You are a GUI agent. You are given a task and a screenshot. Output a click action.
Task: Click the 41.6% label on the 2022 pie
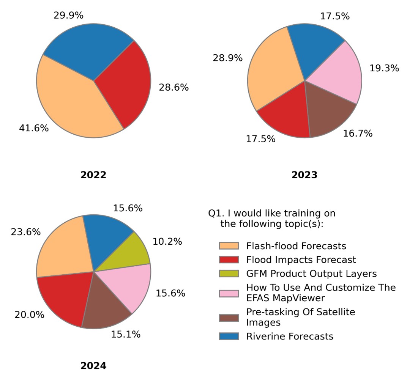(34, 128)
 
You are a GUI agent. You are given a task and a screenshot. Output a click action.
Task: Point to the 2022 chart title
(93, 175)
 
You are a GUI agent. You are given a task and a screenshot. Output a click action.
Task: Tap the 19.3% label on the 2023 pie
(384, 68)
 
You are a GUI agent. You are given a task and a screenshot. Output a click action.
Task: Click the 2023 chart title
(304, 175)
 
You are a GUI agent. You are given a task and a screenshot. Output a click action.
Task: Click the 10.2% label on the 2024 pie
(167, 241)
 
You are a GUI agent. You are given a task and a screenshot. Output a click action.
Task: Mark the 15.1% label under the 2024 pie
(126, 334)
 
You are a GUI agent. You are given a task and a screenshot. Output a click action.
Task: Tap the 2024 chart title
(93, 366)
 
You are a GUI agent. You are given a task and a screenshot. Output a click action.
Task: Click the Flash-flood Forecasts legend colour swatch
(229, 246)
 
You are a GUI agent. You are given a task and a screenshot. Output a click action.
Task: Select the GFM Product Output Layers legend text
(311, 274)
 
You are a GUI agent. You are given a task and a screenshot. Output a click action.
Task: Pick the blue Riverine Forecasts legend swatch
(229, 336)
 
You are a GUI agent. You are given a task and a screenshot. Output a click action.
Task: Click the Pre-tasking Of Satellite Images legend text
(301, 317)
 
